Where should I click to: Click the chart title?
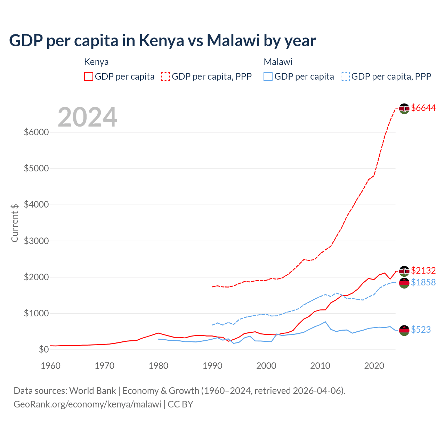[162, 40]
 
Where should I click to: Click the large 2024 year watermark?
[87, 117]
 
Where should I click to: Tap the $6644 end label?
[423, 108]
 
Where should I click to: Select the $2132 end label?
[423, 270]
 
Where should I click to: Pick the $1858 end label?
[423, 282]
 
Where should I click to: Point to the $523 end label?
[421, 330]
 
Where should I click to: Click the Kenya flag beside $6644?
[404, 108]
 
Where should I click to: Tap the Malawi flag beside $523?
[404, 330]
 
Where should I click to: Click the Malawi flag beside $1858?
[404, 283]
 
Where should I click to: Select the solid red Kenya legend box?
[89, 76]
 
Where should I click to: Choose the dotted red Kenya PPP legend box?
[165, 76]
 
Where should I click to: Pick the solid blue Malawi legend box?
[268, 76]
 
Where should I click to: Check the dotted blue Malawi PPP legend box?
[345, 76]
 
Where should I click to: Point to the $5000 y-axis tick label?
[36, 169]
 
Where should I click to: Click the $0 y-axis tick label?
[43, 349]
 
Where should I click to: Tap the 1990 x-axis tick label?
[212, 366]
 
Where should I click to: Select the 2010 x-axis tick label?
[320, 366]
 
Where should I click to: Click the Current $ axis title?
[15, 223]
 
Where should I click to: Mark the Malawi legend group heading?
[278, 62]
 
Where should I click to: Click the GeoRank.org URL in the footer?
[87, 404]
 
